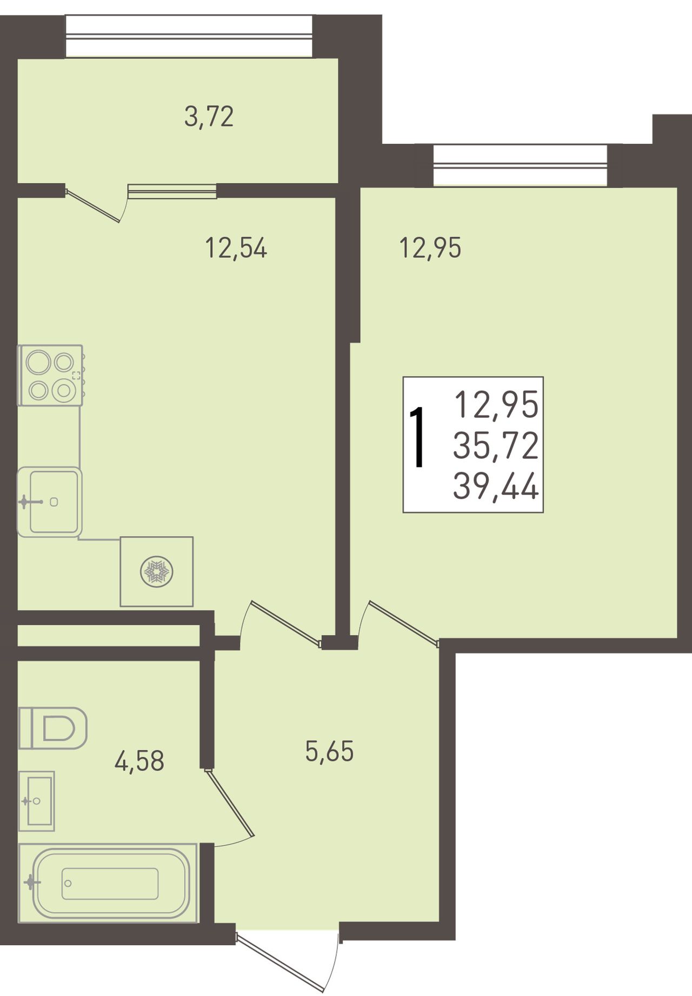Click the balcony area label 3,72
pos(209,117)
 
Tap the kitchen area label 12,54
pos(236,249)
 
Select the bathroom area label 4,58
pos(139,761)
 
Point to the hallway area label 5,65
pos(329,751)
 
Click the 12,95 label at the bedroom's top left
pos(430,248)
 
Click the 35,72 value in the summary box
pos(496,446)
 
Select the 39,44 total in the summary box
pos(496,486)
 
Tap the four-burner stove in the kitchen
pos(51,375)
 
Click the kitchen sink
pos(49,502)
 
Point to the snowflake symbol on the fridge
pos(156,572)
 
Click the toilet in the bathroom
pos(53,728)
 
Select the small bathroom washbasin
pos(37,801)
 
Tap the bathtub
pos(108,884)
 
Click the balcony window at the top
pos(189,36)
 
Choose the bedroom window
pos(521,165)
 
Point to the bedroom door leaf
pos(404,623)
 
